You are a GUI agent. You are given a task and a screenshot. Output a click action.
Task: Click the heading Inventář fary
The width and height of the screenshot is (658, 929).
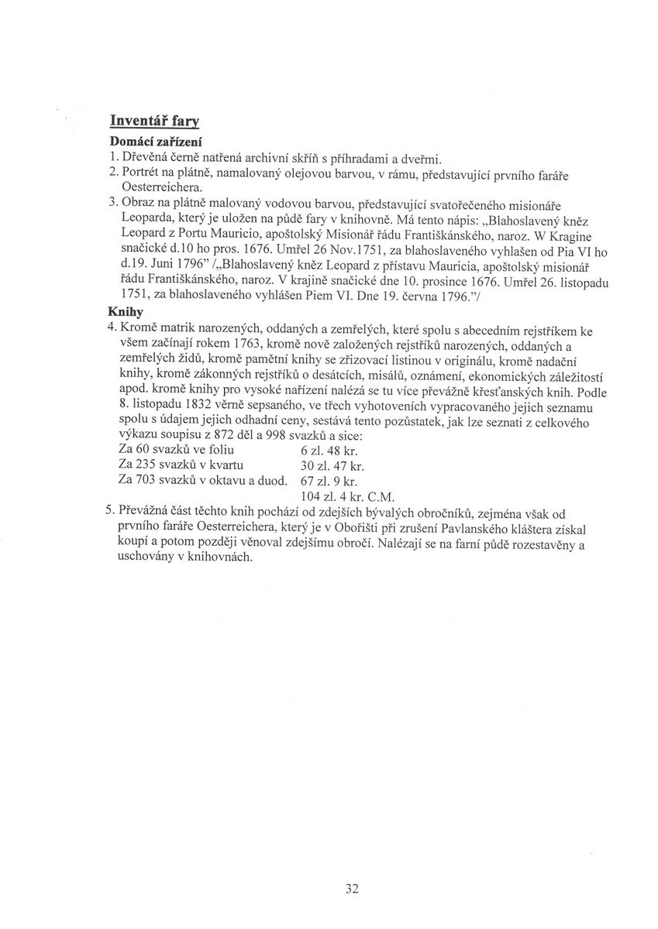(155, 121)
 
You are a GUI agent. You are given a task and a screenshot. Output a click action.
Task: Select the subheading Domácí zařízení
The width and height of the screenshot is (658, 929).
(154, 142)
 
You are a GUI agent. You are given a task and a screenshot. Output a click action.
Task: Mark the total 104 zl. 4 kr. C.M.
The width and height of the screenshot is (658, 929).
(347, 496)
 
